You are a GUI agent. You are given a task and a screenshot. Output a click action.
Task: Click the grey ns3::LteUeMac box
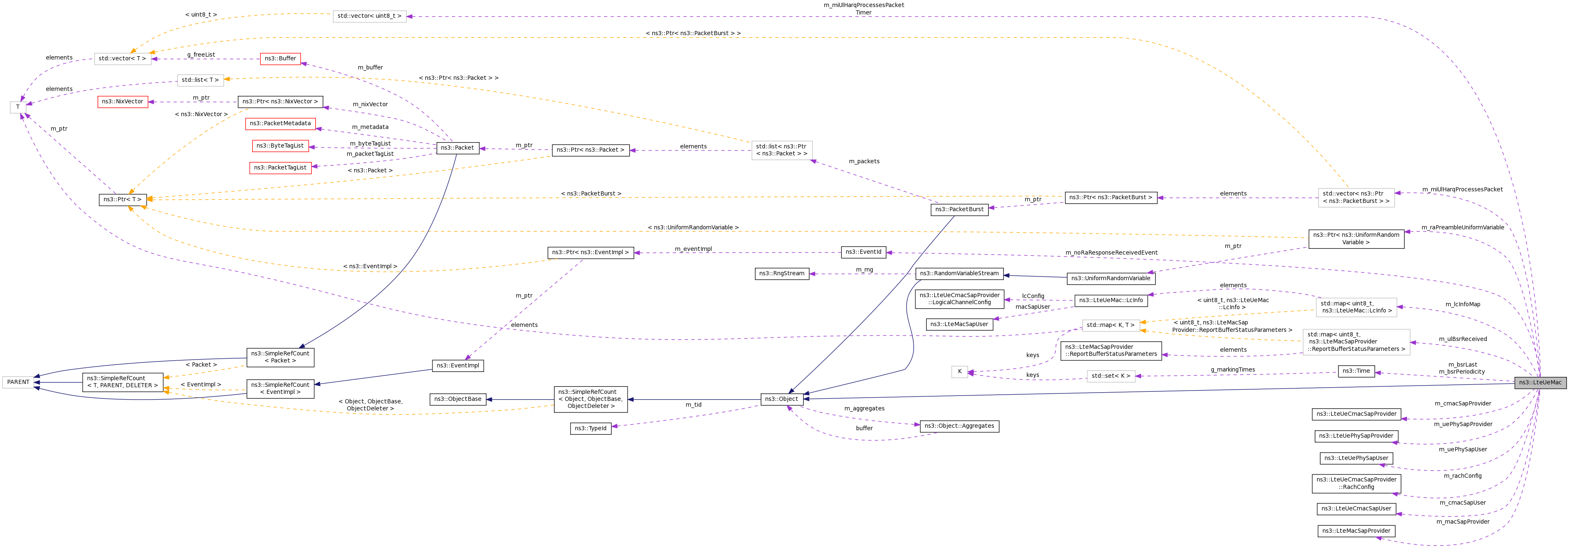click(x=1540, y=382)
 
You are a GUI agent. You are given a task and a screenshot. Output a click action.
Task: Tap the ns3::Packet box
click(x=457, y=148)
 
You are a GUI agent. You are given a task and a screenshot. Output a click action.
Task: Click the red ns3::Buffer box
click(x=280, y=58)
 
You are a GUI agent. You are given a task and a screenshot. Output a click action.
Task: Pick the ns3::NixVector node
click(x=122, y=102)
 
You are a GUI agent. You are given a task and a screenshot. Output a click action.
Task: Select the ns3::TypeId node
click(x=590, y=429)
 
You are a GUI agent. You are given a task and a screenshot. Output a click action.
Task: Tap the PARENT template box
click(x=18, y=382)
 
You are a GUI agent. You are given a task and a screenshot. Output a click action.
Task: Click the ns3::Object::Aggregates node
click(x=959, y=426)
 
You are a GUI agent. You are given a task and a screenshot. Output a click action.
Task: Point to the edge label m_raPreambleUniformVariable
click(x=1462, y=228)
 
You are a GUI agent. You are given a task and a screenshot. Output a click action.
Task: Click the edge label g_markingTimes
click(x=1233, y=369)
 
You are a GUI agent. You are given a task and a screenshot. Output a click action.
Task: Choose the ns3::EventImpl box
click(x=458, y=366)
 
